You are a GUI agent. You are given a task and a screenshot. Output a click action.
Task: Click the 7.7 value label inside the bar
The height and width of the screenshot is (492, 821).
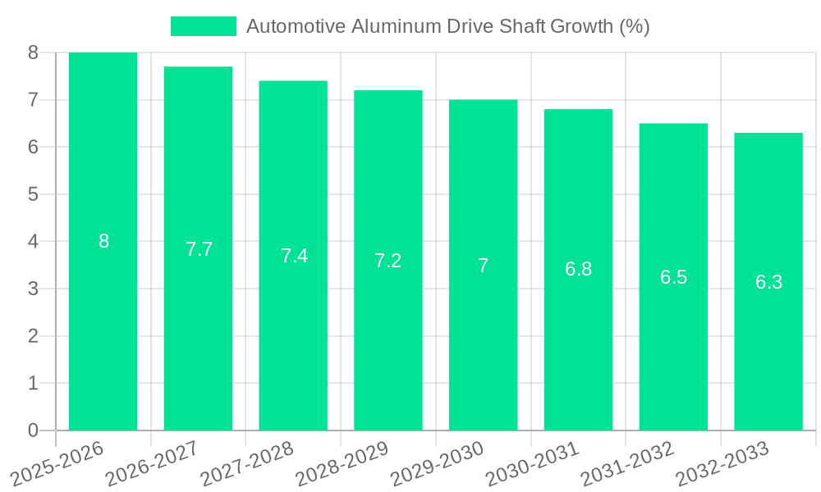199,249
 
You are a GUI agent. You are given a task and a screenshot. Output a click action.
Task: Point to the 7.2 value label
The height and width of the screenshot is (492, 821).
388,261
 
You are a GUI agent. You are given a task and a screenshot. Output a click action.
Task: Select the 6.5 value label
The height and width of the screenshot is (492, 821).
673,277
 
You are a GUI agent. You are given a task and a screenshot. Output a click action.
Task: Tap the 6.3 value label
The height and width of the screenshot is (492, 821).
768,283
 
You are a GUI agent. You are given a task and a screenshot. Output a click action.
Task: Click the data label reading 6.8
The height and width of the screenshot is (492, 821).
578,269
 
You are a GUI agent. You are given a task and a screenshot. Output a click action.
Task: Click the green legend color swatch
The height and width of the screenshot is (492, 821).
203,26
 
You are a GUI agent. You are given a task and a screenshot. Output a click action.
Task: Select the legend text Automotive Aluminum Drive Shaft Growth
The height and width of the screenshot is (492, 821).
447,26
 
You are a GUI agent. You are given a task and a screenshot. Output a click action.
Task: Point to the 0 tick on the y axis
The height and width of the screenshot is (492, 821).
33,430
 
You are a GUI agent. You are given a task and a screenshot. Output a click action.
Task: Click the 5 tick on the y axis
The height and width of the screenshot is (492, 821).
33,194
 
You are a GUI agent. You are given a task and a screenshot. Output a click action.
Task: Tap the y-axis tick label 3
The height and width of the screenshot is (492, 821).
33,289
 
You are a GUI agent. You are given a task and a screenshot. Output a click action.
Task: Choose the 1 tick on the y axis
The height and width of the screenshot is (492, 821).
33,383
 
